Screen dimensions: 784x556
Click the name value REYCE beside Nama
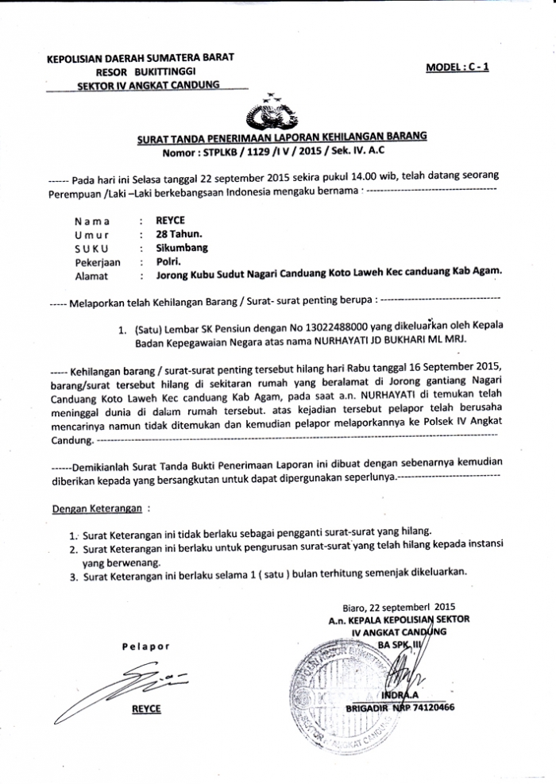coord(170,220)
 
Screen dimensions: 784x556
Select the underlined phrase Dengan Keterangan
coord(96,506)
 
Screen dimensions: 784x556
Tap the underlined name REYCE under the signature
coord(146,709)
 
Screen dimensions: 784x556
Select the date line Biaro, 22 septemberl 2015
coord(405,607)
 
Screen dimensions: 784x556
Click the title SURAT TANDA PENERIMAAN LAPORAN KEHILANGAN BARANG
coord(281,137)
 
